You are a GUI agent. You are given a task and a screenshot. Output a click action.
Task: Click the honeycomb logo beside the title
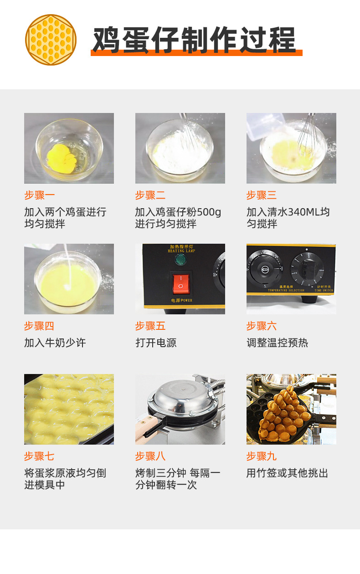[x=50, y=40]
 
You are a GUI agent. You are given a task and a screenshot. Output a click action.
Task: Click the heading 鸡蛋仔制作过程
[x=194, y=41]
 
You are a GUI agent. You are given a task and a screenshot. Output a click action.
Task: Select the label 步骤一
[x=39, y=195]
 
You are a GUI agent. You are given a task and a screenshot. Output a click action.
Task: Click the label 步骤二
[x=150, y=195]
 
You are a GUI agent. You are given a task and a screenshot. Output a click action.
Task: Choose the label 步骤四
[x=39, y=326]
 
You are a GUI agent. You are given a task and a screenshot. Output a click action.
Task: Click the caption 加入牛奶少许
[x=55, y=343]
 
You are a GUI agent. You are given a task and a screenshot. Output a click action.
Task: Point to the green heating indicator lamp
[x=180, y=261]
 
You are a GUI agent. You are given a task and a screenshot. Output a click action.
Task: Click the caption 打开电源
[x=156, y=343]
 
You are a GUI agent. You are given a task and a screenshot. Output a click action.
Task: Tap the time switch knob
[x=308, y=269]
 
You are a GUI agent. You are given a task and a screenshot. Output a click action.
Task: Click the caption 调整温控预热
[x=277, y=343]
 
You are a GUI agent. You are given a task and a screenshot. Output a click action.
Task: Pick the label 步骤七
[x=39, y=456]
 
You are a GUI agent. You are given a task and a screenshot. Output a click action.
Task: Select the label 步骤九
[x=262, y=456]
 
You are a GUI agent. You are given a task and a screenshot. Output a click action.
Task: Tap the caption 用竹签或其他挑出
[x=287, y=473]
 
